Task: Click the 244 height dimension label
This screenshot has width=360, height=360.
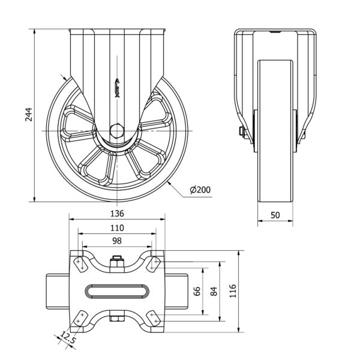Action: tap(28, 114)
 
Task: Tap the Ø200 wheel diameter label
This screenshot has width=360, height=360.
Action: tap(200, 190)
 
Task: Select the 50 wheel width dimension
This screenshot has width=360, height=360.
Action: tap(275, 215)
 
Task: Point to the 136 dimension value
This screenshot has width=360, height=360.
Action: tap(117, 213)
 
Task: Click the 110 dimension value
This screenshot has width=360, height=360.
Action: tap(117, 228)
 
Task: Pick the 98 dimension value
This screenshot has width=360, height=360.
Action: tap(117, 241)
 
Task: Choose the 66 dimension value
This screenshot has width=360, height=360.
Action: tap(196, 291)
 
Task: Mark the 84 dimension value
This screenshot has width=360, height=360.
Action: tap(214, 291)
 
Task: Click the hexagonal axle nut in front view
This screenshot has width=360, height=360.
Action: tap(117, 130)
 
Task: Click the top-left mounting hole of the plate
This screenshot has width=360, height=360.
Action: tap(80, 262)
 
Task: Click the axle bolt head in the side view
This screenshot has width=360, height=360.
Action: tap(241, 132)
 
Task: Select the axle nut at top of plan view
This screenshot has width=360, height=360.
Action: tap(117, 262)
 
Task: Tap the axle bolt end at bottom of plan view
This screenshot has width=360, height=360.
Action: tap(117, 319)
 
